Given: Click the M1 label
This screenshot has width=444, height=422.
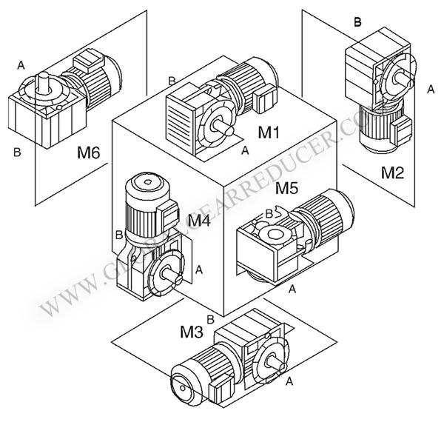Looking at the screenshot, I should pos(268,133).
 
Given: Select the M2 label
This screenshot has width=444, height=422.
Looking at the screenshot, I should pos(393,173).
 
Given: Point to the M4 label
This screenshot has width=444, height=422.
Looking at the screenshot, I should pos(200,220).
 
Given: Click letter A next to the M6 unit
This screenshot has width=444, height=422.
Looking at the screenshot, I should pos(21,66).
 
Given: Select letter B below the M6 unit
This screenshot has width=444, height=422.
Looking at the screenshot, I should pos(16,153).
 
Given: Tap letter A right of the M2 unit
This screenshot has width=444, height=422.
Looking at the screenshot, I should pos(431,89).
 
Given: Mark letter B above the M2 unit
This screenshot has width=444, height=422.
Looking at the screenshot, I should pos(357,22).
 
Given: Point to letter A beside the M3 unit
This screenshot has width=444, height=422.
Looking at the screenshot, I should pos(289,381).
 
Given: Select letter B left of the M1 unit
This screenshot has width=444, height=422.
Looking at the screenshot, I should pos(172,80).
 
